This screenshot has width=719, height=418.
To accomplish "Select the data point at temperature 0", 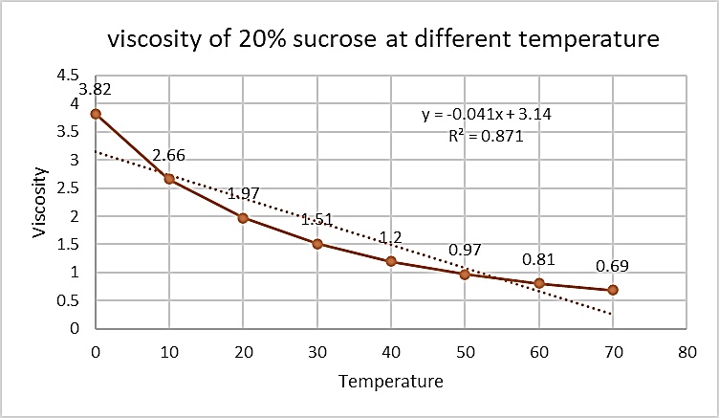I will (x=96, y=114).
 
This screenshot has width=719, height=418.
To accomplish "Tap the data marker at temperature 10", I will (x=169, y=179).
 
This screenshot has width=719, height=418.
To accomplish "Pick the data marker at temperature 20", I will (x=243, y=218).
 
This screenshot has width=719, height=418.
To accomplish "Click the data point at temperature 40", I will (x=391, y=261).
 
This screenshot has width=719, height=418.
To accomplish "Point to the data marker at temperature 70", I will (x=613, y=290).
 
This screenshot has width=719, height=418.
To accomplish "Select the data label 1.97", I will (x=243, y=194).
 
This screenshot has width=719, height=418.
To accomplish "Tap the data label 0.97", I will (x=466, y=251).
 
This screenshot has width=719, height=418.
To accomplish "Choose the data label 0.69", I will (x=613, y=266).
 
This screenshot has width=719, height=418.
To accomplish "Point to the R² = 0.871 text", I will (x=487, y=136).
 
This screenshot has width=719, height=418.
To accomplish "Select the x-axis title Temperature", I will (x=391, y=382).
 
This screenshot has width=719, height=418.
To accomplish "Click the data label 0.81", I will (x=539, y=259).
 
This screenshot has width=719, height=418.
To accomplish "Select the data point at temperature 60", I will (x=539, y=283).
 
